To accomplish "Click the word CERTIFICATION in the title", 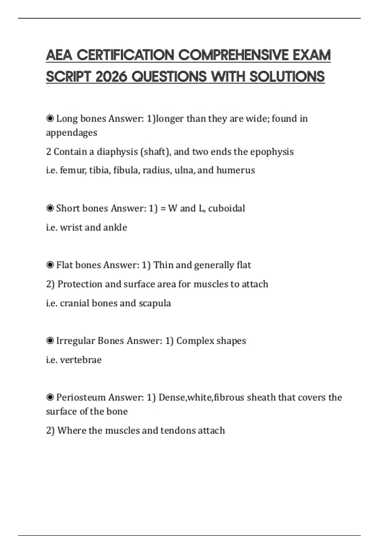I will [x=126, y=55].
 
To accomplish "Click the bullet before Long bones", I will [x=50, y=119].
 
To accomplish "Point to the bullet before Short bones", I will [x=50, y=208].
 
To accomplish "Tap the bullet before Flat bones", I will [x=50, y=265].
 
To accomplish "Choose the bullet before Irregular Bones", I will [x=50, y=341].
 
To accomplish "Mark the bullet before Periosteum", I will [x=50, y=398].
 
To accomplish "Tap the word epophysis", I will [x=272, y=152].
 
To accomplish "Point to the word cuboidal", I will [x=226, y=208].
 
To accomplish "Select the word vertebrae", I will [x=81, y=360].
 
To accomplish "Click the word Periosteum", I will [x=81, y=398].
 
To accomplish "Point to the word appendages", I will [x=72, y=133].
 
